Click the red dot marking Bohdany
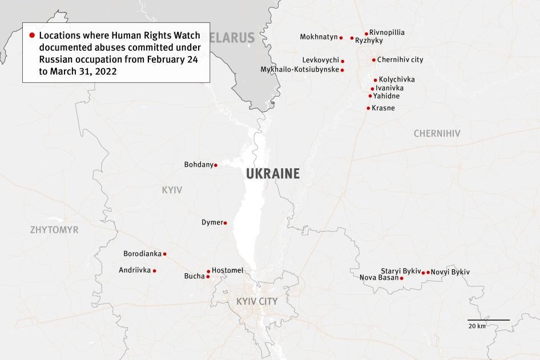click(215, 165)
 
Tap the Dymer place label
click(212, 223)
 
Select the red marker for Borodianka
click(165, 254)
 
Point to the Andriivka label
click(135, 270)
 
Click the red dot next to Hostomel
click(208, 272)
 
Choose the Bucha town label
click(194, 276)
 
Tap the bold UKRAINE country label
click(273, 174)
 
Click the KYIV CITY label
click(257, 301)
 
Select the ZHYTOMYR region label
click(55, 230)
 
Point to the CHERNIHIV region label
click(437, 134)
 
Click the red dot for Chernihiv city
click(373, 60)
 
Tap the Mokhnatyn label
click(319, 37)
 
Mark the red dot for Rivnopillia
click(366, 34)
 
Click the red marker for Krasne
click(368, 108)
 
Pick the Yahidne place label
click(386, 96)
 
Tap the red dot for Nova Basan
click(402, 278)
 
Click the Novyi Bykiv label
click(450, 272)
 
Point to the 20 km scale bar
click(489, 320)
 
